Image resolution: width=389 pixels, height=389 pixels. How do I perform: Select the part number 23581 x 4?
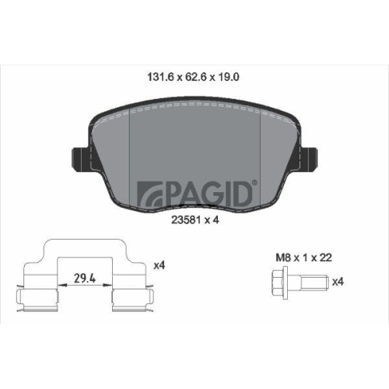click(x=195, y=219)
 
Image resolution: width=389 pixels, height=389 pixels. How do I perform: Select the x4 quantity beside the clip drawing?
click(x=159, y=265)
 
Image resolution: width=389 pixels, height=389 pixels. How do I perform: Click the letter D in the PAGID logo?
click(x=241, y=191)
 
